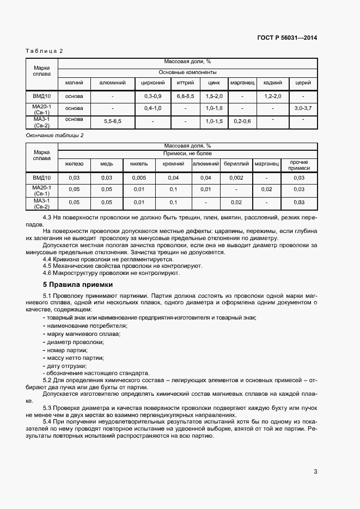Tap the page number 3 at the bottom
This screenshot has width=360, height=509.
pos(315,471)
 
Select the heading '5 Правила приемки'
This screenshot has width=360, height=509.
pos(78,284)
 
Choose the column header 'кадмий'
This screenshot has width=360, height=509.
pos(272,83)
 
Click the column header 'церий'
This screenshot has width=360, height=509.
pos(303,83)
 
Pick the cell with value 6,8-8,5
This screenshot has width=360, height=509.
pos(185,96)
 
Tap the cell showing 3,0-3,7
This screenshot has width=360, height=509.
pos(303,109)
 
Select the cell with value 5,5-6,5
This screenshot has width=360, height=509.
pos(112,121)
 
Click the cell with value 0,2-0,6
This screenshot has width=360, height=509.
pos(242,121)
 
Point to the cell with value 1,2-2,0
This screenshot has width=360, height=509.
pos(272,96)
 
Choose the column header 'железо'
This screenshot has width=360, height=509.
pos(74,163)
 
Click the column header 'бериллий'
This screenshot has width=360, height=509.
pos(236,163)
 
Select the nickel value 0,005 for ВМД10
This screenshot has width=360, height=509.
pos(139,178)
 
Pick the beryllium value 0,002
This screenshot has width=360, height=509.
pos(236,178)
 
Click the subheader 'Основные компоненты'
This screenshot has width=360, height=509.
pos(187,72)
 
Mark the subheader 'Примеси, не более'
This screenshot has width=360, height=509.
pos(187,154)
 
